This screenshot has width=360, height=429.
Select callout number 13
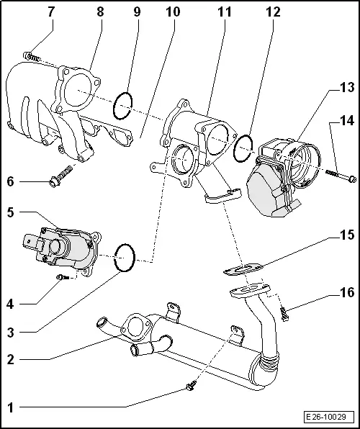(348, 88)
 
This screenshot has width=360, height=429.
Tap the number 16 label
(348, 294)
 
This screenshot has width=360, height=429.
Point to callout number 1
(11, 407)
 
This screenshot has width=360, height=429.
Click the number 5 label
(11, 213)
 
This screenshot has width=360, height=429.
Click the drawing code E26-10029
(329, 417)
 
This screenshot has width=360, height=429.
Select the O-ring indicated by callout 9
(123, 106)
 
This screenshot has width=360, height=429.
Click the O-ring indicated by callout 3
(125, 257)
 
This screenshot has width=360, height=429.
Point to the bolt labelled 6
(62, 179)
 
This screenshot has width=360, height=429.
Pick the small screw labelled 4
(63, 275)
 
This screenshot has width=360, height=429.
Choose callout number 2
(11, 358)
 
